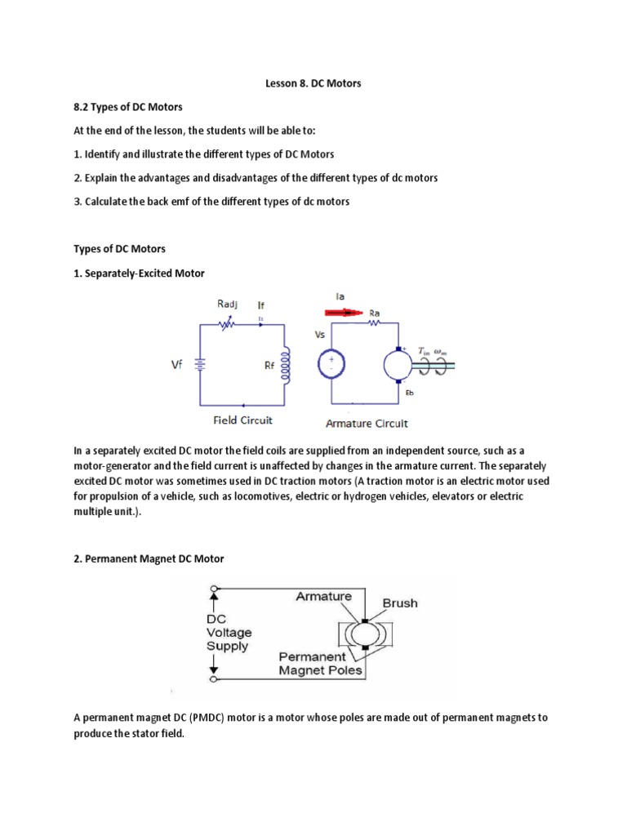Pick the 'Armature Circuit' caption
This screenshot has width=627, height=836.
(x=367, y=423)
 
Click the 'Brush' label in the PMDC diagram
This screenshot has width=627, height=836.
(x=399, y=603)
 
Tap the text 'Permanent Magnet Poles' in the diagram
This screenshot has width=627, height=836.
(x=321, y=663)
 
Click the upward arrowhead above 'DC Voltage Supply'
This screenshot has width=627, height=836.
(x=214, y=602)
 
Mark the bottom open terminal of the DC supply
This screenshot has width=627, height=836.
(x=214, y=678)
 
